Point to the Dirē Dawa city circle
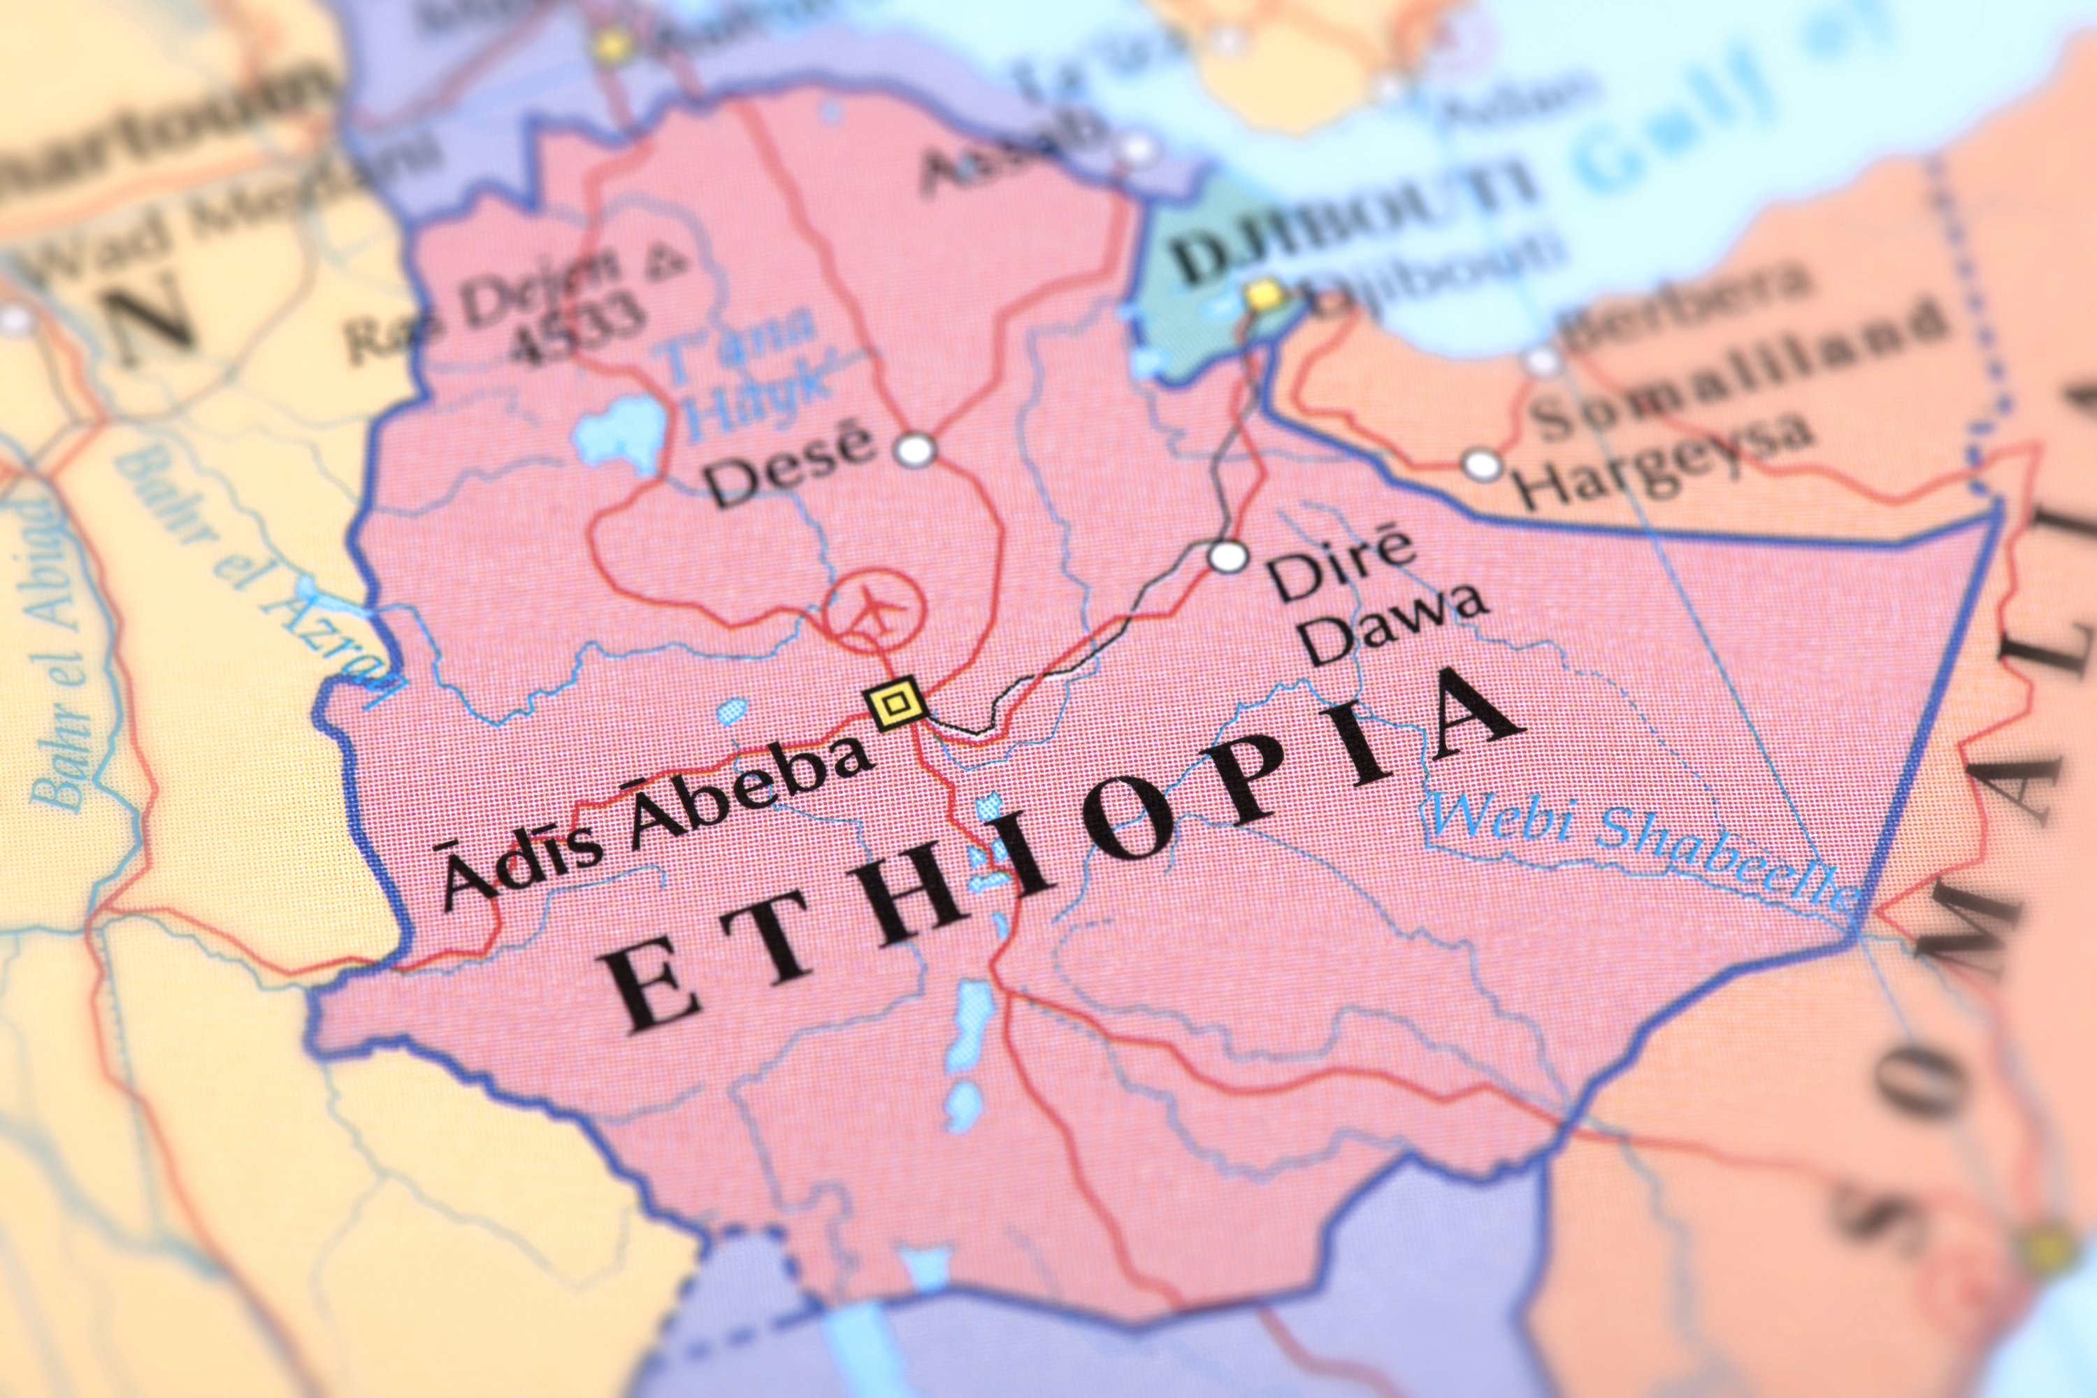(x=1228, y=557)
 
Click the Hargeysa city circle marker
(x=1481, y=464)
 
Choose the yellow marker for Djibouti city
(x=1263, y=293)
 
